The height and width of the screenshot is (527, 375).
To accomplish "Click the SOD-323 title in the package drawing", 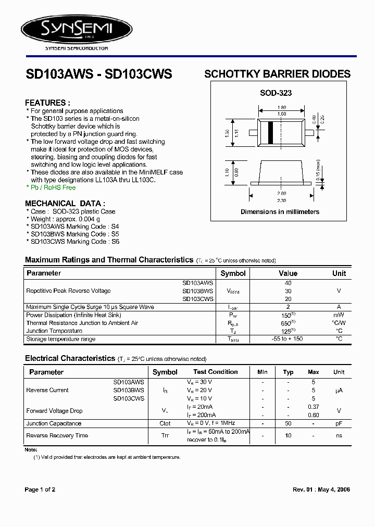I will click(x=276, y=93).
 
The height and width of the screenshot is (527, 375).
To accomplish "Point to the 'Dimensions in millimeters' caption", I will click(x=280, y=212).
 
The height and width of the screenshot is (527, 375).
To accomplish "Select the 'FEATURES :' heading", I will click(x=47, y=103).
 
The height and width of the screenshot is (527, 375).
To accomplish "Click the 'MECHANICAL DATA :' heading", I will click(x=65, y=204).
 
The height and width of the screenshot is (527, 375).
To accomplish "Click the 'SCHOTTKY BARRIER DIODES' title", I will click(x=277, y=74).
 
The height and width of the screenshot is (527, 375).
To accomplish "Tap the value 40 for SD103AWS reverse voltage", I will click(x=288, y=283).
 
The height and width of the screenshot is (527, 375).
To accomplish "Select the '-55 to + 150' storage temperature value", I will click(x=288, y=339).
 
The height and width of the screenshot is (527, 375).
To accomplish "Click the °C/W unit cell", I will click(x=339, y=323).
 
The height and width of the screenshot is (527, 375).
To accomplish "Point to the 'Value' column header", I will click(x=288, y=273).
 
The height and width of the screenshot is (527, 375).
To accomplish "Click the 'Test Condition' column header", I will click(x=215, y=372).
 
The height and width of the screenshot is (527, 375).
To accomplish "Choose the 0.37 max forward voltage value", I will click(x=314, y=407).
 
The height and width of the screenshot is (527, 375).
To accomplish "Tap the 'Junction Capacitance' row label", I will click(x=54, y=423).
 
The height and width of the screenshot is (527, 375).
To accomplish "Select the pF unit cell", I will click(x=339, y=423).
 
